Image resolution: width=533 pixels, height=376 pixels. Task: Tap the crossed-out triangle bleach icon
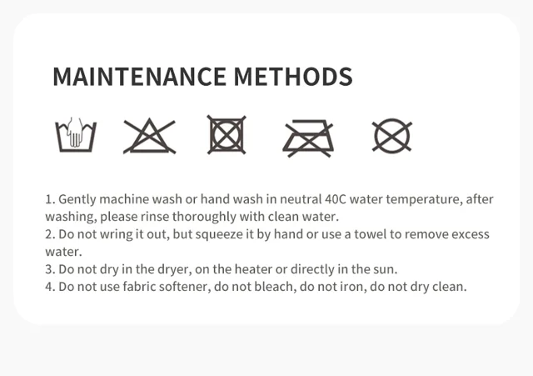click(149, 136)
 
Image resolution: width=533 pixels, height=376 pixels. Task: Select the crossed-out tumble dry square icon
click(227, 135)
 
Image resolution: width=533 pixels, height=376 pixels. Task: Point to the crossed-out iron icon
click(308, 138)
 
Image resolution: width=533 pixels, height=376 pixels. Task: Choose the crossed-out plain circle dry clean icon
click(392, 136)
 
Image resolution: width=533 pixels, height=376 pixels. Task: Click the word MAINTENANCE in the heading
click(139, 77)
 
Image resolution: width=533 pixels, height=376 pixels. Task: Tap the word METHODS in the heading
click(293, 77)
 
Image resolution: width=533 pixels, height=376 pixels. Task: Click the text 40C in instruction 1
click(335, 199)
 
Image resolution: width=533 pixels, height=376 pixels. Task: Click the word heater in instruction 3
click(253, 269)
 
